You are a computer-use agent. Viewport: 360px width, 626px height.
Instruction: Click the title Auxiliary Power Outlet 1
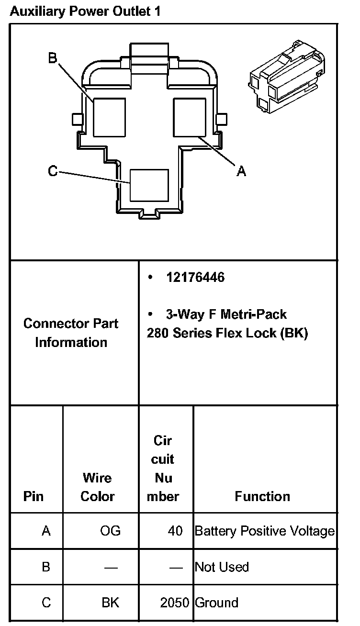85,11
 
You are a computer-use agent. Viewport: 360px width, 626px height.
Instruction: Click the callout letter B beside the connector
53,58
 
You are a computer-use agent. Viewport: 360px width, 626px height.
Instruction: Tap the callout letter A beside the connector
242,171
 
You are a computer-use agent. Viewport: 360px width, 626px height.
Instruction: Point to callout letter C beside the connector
53,171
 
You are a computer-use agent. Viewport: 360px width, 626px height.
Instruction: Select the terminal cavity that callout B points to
109,117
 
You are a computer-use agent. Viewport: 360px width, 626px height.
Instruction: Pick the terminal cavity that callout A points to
189,117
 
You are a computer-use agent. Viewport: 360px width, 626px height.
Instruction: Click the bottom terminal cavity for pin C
149,185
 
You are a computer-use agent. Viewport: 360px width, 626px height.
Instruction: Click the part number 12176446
195,278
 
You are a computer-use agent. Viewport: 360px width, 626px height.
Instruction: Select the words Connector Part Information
71,333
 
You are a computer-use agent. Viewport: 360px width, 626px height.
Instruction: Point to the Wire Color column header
97,487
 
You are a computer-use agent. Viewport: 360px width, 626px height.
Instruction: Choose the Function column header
262,496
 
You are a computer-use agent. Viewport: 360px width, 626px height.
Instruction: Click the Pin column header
33,496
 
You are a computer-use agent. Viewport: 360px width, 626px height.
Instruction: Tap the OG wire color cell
111,531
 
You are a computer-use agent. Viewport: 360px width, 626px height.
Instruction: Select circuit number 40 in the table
176,531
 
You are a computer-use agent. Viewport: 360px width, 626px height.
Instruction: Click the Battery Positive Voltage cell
265,531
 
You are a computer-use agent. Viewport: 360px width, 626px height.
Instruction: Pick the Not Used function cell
222,567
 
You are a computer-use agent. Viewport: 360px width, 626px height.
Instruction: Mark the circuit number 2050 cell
175,603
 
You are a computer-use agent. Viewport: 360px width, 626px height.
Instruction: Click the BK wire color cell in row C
110,603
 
